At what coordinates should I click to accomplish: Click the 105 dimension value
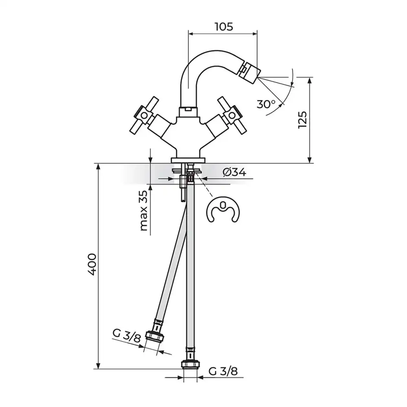coord(224,26)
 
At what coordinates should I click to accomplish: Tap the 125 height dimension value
coord(303,120)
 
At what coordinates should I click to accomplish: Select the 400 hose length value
coord(92,264)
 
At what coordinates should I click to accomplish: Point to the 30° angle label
coord(266,104)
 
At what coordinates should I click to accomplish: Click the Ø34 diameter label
coord(234,172)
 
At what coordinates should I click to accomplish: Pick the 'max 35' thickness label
coord(144,210)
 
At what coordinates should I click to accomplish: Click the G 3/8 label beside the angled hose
coord(127,336)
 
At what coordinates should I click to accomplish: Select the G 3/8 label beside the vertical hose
coord(223,372)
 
